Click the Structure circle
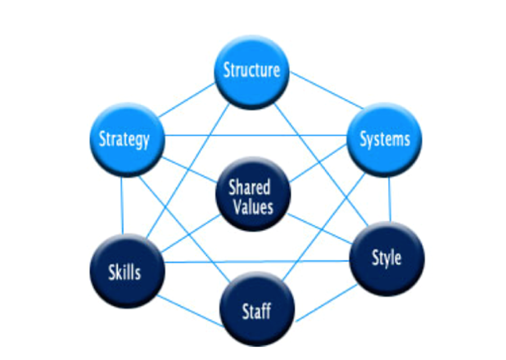pyautogui.click(x=253, y=70)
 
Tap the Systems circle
pyautogui.click(x=384, y=138)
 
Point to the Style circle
pyautogui.click(x=386, y=258)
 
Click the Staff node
pyautogui.click(x=256, y=310)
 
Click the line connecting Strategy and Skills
pyautogui.click(x=121, y=205)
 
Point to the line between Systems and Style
pyautogui.click(x=391, y=198)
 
